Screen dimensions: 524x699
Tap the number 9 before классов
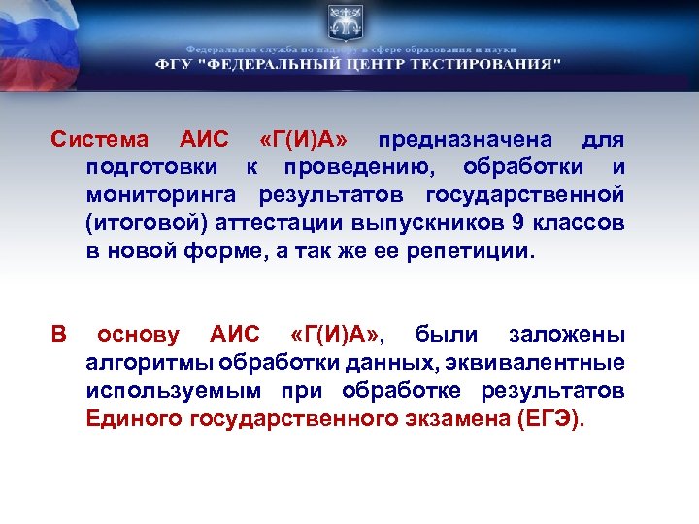point(516,223)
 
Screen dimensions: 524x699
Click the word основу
point(138,336)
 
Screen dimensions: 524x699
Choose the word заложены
point(567,336)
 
